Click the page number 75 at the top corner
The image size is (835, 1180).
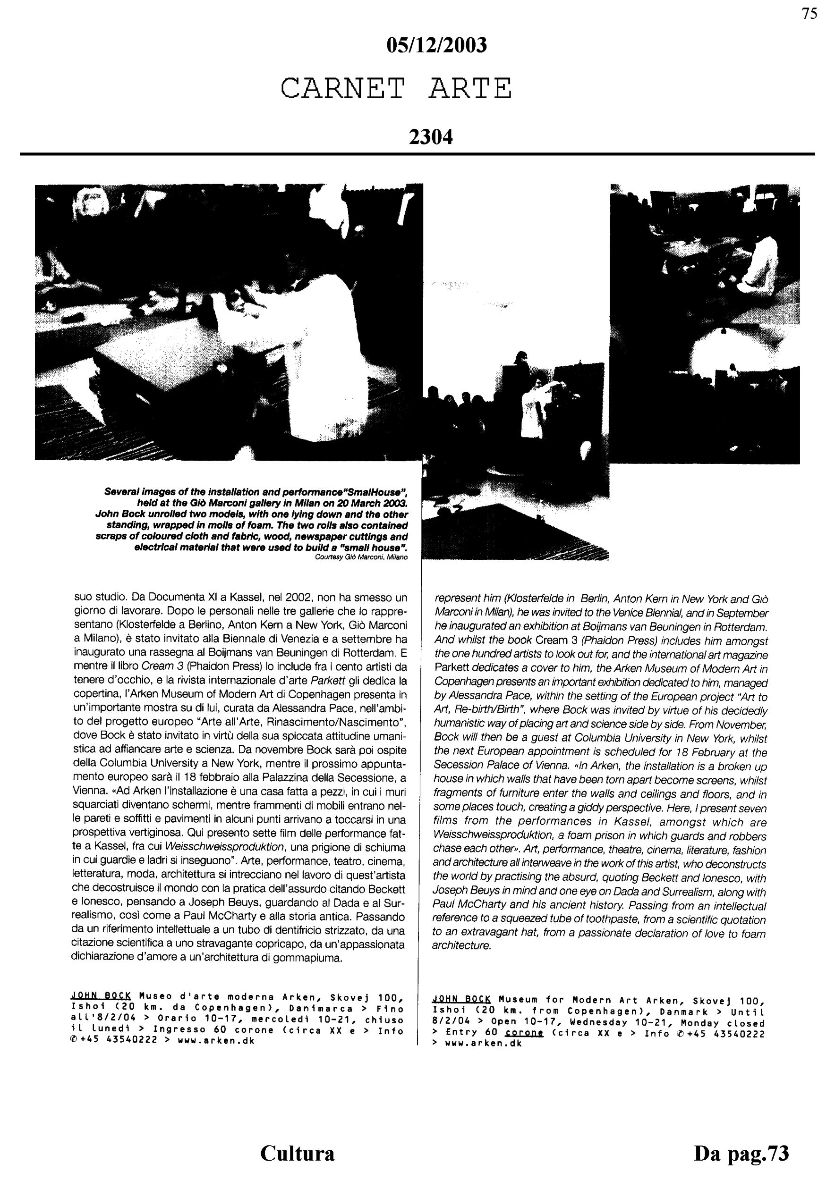809,14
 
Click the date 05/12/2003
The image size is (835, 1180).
436,46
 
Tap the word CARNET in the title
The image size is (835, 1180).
343,88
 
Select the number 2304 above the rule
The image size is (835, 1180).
431,137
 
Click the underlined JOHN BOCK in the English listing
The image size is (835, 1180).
461,999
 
